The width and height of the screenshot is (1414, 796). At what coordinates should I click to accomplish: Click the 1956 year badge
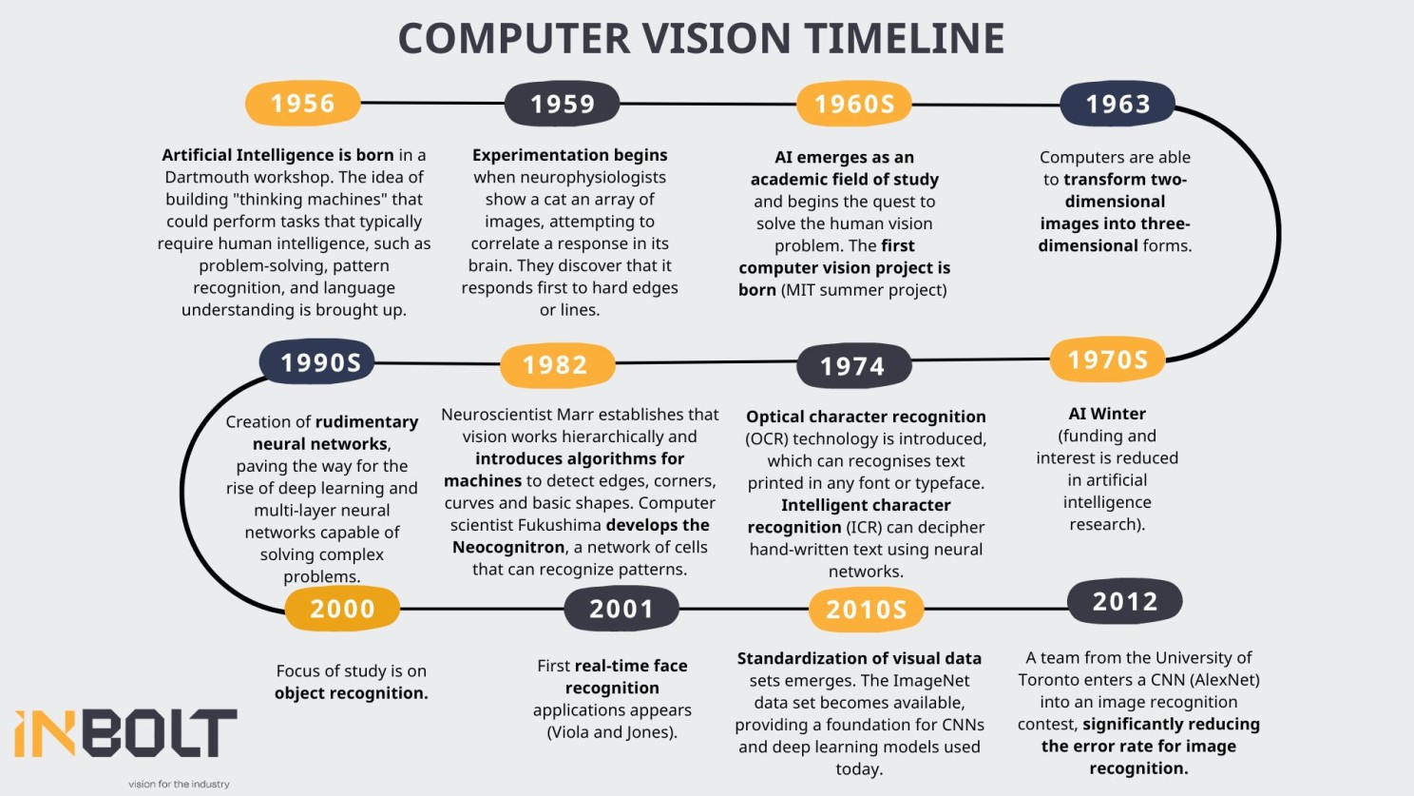(303, 104)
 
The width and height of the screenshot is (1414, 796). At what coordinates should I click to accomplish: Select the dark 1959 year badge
(562, 104)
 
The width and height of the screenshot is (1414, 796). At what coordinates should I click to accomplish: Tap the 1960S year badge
(854, 104)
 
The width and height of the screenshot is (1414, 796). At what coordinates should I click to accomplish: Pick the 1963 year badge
(1118, 104)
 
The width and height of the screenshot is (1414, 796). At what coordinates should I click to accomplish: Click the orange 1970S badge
(1107, 359)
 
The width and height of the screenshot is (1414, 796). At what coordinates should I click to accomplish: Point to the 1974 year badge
(854, 366)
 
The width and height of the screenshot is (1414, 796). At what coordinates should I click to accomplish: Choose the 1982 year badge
(558, 365)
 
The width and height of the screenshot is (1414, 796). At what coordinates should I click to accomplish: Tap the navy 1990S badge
(316, 362)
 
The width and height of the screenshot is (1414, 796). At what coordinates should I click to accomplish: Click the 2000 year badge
(342, 609)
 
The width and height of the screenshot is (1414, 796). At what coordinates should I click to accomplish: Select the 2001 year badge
(621, 609)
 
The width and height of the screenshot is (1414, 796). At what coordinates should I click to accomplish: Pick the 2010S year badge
(866, 610)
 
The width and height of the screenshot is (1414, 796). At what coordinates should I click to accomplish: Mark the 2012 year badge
(1125, 601)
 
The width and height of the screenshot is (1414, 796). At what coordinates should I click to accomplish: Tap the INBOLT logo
(125, 733)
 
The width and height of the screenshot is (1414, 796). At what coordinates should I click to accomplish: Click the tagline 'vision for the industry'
(179, 784)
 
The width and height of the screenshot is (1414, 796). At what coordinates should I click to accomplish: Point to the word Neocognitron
(499, 547)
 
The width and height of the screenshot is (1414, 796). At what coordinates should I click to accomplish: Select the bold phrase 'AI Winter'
(1107, 414)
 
